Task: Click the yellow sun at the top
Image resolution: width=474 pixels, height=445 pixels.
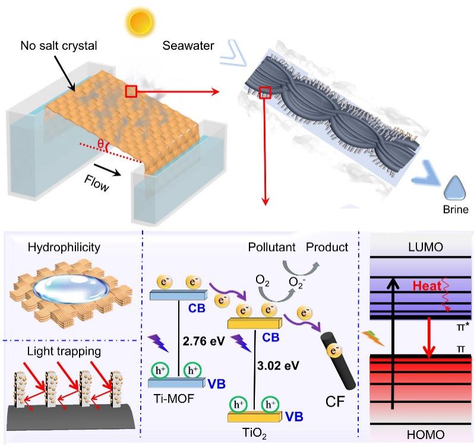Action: (x=140, y=23)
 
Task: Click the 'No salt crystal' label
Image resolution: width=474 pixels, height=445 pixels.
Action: (x=59, y=46)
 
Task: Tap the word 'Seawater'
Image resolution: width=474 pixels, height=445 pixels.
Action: (x=188, y=46)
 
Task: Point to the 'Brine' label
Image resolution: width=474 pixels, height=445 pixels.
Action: (x=456, y=209)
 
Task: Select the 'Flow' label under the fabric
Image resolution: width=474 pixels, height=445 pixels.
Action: (x=96, y=183)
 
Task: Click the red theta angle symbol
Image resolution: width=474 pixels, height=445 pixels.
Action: (x=100, y=144)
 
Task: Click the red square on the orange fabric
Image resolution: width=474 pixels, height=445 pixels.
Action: (x=131, y=91)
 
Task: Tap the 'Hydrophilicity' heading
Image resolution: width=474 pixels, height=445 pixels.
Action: (x=64, y=247)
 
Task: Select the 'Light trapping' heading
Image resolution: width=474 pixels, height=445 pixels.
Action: (x=64, y=351)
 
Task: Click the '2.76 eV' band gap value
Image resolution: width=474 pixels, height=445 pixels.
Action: (x=204, y=341)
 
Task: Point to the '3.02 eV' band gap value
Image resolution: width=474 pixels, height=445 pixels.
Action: (x=278, y=365)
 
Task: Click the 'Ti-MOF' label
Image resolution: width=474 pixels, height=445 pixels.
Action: (x=174, y=399)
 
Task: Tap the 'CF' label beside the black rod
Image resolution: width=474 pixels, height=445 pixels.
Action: (x=335, y=401)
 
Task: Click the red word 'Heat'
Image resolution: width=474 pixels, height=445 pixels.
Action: (x=427, y=285)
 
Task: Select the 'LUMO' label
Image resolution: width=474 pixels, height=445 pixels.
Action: (x=425, y=247)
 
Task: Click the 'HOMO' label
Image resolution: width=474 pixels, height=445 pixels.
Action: (x=426, y=435)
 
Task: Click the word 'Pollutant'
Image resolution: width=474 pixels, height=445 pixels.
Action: (x=271, y=247)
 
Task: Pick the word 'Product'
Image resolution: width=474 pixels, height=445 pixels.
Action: (x=327, y=247)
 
